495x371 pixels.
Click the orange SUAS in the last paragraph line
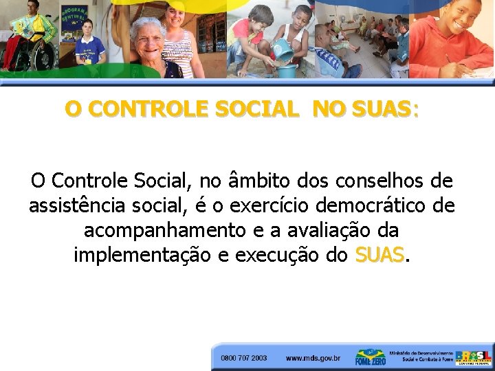coord(379,255)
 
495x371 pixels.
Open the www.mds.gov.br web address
coord(313,358)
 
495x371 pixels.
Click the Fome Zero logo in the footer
coord(369,357)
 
